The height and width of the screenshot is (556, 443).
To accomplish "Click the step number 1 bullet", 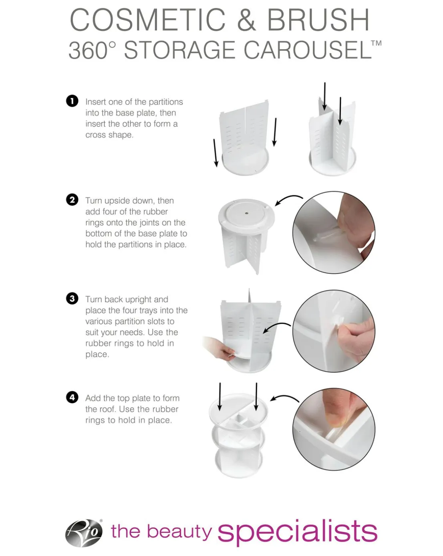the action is (72, 101).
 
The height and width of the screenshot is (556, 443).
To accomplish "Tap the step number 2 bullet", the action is (72, 200).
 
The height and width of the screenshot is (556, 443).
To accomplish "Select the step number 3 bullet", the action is (72, 298).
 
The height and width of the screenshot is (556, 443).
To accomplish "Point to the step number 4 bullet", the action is (72, 397).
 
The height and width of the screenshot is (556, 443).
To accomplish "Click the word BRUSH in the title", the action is (318, 20).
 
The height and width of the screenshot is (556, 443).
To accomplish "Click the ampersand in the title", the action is (247, 20).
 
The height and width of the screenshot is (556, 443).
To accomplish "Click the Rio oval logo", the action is (84, 533).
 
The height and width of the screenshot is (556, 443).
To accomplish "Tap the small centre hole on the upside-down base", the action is (246, 213).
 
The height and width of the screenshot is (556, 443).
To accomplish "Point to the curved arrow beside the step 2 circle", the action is (287, 198).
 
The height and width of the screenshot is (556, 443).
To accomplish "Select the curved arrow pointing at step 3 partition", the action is (276, 326).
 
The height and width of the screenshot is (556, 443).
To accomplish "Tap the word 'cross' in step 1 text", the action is (96, 135).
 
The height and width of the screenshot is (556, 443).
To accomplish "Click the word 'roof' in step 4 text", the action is (107, 409).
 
